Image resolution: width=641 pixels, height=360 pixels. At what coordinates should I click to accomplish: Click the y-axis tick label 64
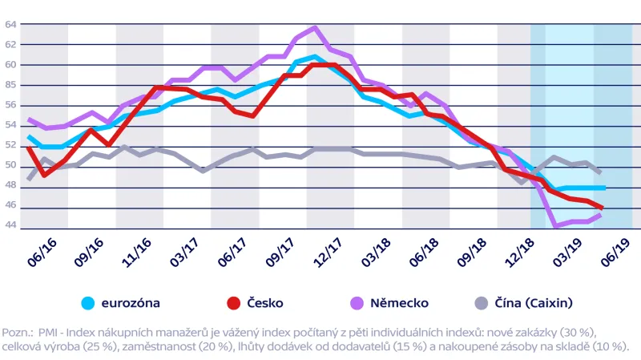point(11,24)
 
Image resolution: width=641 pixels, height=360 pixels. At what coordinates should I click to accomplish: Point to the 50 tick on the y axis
point(11,165)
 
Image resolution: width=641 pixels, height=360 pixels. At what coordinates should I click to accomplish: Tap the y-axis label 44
point(11,225)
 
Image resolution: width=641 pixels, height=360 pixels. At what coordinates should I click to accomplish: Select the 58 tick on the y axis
point(11,84)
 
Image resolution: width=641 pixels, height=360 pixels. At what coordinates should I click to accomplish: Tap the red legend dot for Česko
point(233,303)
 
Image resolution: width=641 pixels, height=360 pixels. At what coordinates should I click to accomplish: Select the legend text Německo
point(399,303)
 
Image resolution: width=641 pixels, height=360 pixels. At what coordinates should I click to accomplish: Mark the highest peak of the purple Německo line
point(315,28)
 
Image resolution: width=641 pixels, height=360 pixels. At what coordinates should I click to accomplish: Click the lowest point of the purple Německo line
point(556,227)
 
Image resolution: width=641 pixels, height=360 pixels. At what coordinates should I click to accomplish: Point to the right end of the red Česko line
point(603,208)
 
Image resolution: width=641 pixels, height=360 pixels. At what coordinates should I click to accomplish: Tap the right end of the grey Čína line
point(603,172)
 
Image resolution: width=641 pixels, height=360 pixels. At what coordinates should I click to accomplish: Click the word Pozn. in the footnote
point(17,331)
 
